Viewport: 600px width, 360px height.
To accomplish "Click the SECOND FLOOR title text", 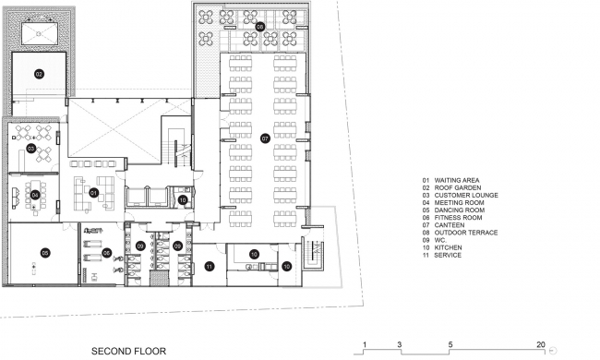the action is tap(128, 351).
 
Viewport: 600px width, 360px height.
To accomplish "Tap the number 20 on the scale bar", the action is tap(540, 344).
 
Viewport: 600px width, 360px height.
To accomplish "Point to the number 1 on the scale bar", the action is tap(365, 344).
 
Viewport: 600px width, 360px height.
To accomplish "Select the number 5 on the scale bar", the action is tap(450, 344).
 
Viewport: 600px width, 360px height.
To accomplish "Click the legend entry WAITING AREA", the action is tap(457, 180).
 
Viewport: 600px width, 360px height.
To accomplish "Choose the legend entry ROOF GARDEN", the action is tap(458, 187).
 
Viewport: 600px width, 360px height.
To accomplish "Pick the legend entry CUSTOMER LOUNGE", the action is tap(466, 195).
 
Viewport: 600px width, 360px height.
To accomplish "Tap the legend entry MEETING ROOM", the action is tap(459, 203).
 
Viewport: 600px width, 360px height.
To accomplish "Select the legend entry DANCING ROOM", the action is tap(459, 210).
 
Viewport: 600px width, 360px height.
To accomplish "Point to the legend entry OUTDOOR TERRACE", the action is tap(466, 233).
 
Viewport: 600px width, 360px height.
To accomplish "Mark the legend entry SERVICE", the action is tap(448, 255).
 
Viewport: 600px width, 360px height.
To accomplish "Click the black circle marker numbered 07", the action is tap(265, 138).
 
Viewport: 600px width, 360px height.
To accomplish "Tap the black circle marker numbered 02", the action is tap(39, 74).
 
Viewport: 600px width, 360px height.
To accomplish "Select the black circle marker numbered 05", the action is tap(45, 253).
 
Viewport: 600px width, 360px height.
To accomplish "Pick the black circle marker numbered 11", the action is tap(210, 267).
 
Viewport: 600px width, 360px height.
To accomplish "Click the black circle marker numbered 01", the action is tap(94, 193).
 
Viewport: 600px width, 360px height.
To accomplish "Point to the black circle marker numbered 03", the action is tap(31, 148).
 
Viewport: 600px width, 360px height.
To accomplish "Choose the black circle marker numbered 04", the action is tap(35, 196).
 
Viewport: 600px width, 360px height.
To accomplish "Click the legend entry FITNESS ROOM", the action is tap(458, 218).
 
